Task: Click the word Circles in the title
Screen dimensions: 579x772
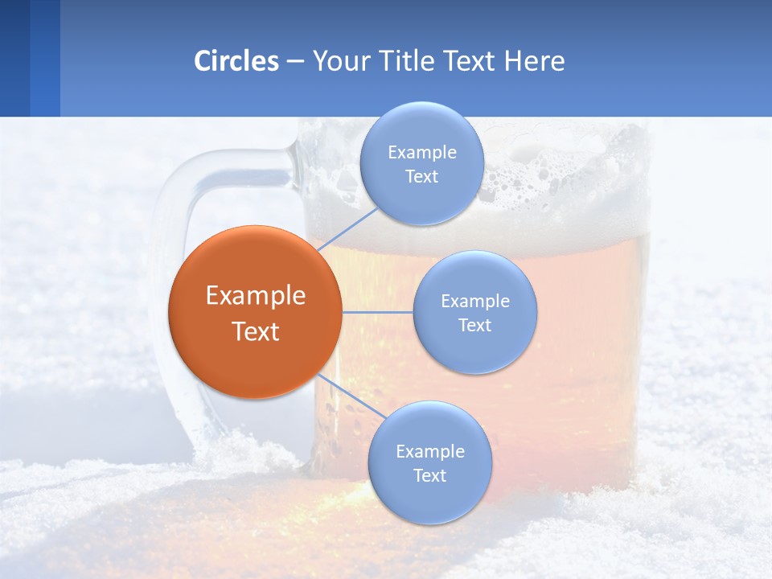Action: (x=236, y=61)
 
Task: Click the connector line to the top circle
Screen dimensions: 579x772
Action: (x=347, y=228)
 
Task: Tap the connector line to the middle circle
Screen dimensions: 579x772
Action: (x=378, y=312)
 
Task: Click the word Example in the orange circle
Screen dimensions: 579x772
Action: (x=256, y=296)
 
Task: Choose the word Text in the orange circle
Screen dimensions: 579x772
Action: (x=256, y=331)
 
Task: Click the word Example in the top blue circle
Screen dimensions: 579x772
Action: (x=422, y=153)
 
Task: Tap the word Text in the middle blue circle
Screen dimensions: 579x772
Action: (x=474, y=326)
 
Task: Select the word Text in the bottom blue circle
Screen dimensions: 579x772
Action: (x=429, y=476)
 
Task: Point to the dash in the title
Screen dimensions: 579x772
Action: (x=294, y=62)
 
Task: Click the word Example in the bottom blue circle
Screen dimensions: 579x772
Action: (x=430, y=452)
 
